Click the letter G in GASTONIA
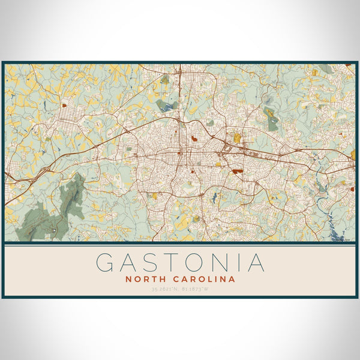(106, 263)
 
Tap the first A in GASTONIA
(129, 263)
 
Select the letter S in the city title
(150, 263)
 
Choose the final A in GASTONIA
(254, 263)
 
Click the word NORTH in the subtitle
(146, 279)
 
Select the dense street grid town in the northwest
(68, 114)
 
